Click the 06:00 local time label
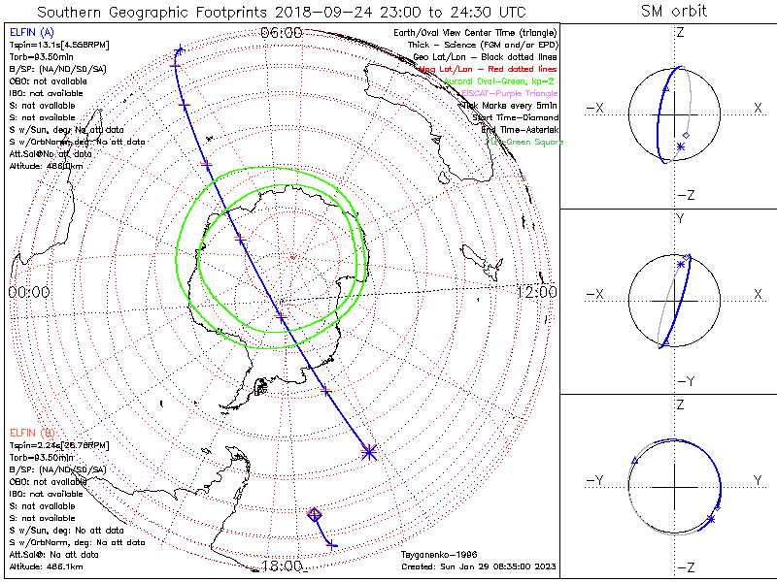tap(282, 32)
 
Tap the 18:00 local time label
tap(282, 566)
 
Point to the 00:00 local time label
tap(28, 291)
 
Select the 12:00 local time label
tap(535, 291)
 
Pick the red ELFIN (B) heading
tap(32, 432)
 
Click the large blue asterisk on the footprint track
tap(369, 451)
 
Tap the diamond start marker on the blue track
tap(314, 514)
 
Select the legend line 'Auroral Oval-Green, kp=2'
tap(498, 81)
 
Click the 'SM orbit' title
tap(674, 12)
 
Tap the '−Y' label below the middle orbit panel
tap(680, 380)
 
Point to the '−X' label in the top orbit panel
tap(596, 108)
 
